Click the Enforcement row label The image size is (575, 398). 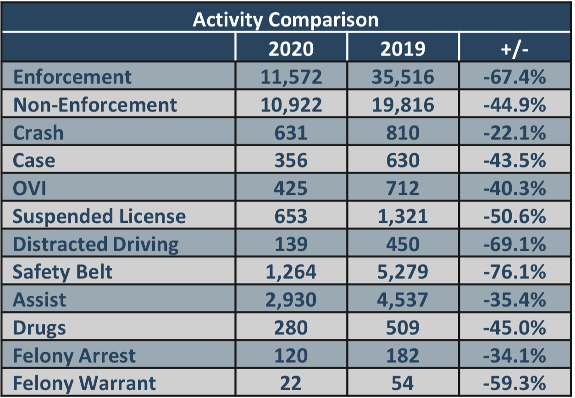click(x=72, y=77)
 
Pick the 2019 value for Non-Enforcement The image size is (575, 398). click(x=403, y=105)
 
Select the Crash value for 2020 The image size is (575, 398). click(x=291, y=133)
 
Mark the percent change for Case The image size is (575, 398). click(x=514, y=161)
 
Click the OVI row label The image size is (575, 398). click(x=30, y=188)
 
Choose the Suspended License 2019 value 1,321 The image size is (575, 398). click(x=403, y=216)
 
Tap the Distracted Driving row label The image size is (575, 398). click(x=95, y=244)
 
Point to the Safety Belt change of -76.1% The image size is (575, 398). click(x=514, y=272)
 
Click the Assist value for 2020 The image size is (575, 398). click(x=291, y=300)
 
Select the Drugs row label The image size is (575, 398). click(x=39, y=328)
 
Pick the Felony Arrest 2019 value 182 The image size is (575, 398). click(x=403, y=356)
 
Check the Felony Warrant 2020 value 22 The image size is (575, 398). click(x=291, y=383)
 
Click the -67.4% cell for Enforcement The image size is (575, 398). click(x=514, y=77)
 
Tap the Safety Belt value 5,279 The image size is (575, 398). click(x=403, y=272)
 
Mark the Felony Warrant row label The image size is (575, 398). click(x=84, y=383)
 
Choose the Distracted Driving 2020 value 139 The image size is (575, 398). click(x=291, y=244)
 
